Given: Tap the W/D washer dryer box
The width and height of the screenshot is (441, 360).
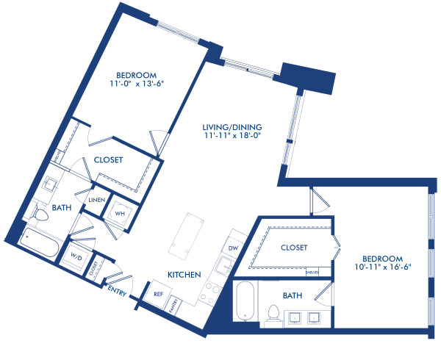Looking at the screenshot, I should [x=76, y=255].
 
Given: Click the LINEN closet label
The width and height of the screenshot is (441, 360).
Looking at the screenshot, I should [x=96, y=201].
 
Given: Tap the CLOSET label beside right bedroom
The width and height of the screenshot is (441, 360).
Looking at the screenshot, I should [x=294, y=248].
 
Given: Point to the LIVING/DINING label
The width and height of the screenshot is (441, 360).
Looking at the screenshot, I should [x=233, y=126].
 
